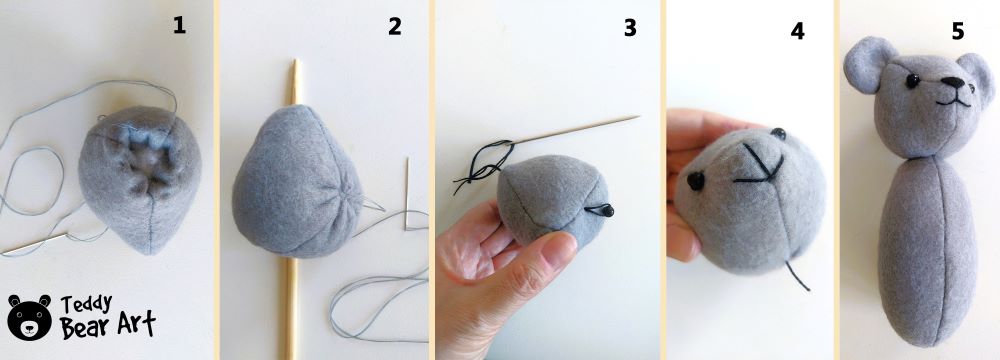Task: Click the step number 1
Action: [x=179, y=27]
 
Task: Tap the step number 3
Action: [x=629, y=28]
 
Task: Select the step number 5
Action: [x=957, y=33]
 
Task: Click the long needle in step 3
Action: [x=580, y=130]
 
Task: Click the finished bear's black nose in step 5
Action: [x=959, y=88]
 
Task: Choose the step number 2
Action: [x=394, y=27]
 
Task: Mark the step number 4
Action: [x=797, y=31]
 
